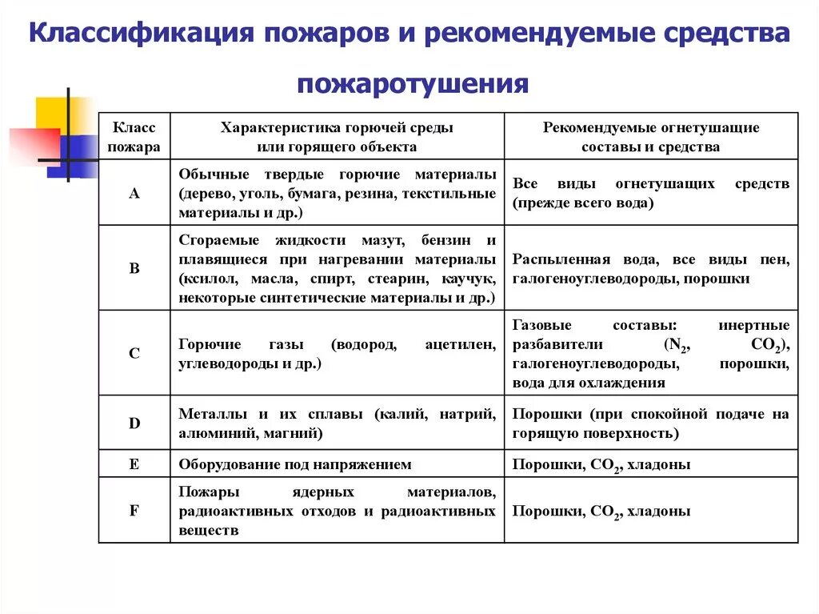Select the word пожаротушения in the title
pyautogui.click(x=413, y=83)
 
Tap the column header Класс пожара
pyautogui.click(x=134, y=137)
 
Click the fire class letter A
pyautogui.click(x=134, y=193)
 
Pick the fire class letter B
pyautogui.click(x=134, y=269)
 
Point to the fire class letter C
pyautogui.click(x=134, y=352)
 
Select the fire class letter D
pyautogui.click(x=134, y=423)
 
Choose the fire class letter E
pyautogui.click(x=134, y=464)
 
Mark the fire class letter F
pyautogui.click(x=134, y=510)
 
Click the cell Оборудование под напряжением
pyautogui.click(x=295, y=464)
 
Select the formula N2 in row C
pyautogui.click(x=678, y=346)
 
